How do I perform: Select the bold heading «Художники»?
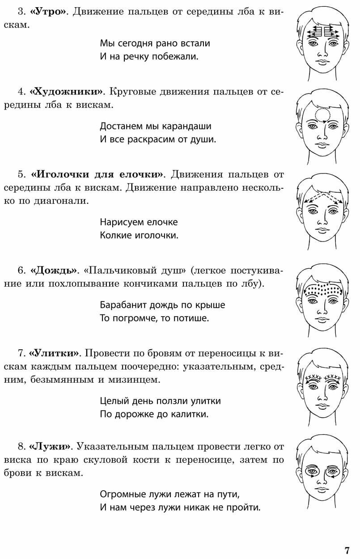coord(66,92)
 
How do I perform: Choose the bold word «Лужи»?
coord(50,447)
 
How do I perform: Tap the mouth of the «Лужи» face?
coord(321,491)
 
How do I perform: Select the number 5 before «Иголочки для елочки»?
coord(21,174)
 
